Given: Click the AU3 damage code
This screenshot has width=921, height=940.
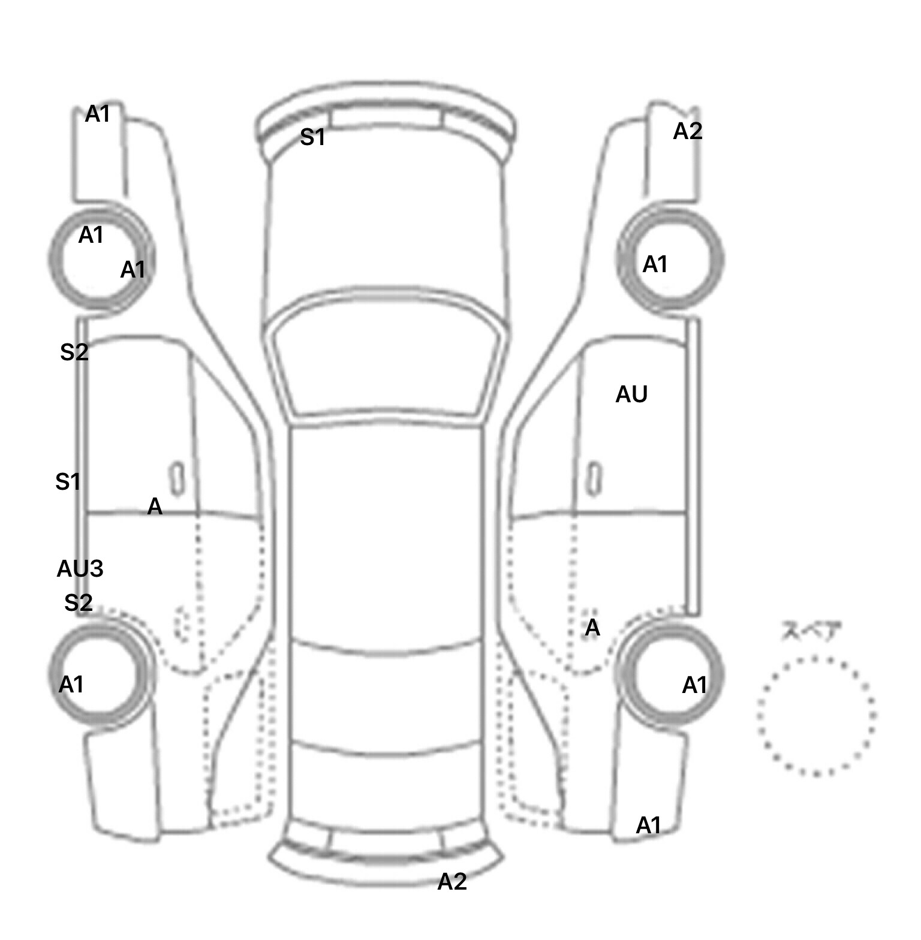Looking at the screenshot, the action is click(80, 568).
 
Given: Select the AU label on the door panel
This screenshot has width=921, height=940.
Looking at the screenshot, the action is click(631, 394).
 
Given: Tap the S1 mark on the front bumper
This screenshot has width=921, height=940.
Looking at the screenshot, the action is click(312, 137).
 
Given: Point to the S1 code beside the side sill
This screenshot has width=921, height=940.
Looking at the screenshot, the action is click(68, 481).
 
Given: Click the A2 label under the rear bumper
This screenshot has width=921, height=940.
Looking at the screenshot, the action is click(452, 881).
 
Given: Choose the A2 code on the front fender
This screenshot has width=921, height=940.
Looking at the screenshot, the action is click(687, 131).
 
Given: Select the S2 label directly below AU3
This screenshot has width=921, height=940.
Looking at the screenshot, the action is click(79, 602).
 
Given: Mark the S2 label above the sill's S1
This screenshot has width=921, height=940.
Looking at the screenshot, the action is click(74, 352).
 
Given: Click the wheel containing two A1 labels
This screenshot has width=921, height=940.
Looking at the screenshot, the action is click(51, 261).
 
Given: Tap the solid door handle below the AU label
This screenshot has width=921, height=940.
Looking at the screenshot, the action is click(594, 478).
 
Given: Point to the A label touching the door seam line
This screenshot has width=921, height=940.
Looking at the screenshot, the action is click(155, 507).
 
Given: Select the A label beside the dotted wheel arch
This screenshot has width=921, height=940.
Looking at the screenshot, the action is click(592, 627).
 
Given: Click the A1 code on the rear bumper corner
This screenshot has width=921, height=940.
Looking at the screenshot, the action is click(648, 825).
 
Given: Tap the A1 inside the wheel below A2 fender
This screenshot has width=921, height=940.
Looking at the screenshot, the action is click(655, 264).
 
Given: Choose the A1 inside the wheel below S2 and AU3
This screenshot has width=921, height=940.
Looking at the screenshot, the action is click(71, 684).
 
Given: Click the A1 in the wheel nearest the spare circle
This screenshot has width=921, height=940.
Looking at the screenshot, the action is click(694, 685).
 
